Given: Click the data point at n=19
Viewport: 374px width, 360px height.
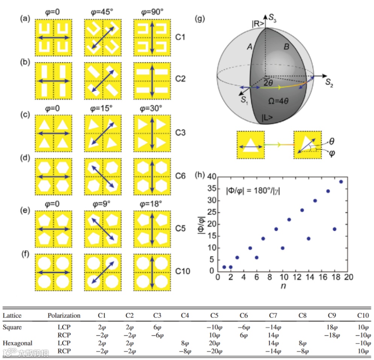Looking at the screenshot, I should [341, 182].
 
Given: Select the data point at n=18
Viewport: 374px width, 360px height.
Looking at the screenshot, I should [335, 229].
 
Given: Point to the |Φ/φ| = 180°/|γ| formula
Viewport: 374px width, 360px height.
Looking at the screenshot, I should [253, 191].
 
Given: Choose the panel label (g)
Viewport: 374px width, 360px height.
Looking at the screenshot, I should [200, 18].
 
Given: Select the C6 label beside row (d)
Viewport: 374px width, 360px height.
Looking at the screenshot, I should [180, 175].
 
